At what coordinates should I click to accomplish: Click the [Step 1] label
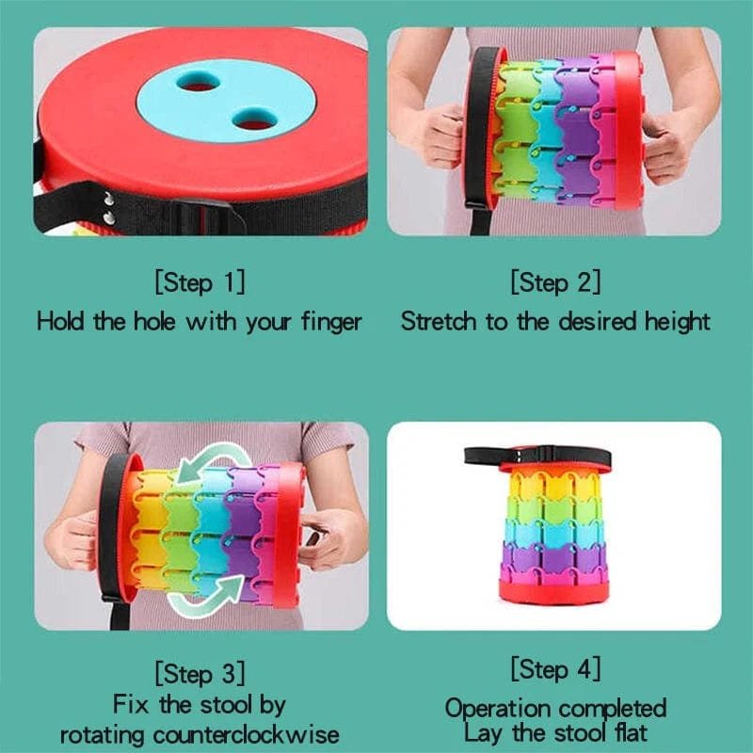[x=200, y=281]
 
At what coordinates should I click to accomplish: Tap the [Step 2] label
[x=555, y=281]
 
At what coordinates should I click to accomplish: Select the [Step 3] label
[x=200, y=673]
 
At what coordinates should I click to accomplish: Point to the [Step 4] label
[x=555, y=668]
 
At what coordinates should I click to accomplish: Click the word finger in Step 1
[x=331, y=323]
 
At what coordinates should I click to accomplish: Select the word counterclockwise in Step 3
[x=246, y=735]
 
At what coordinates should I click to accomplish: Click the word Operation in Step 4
[x=498, y=710]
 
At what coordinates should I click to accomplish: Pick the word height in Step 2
[x=677, y=322]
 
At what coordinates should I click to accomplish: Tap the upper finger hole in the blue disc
[x=199, y=82]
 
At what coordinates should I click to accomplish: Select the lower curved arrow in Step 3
[x=206, y=601]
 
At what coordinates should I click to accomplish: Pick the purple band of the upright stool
[x=554, y=557]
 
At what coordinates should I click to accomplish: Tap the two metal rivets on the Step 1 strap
[x=109, y=208]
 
